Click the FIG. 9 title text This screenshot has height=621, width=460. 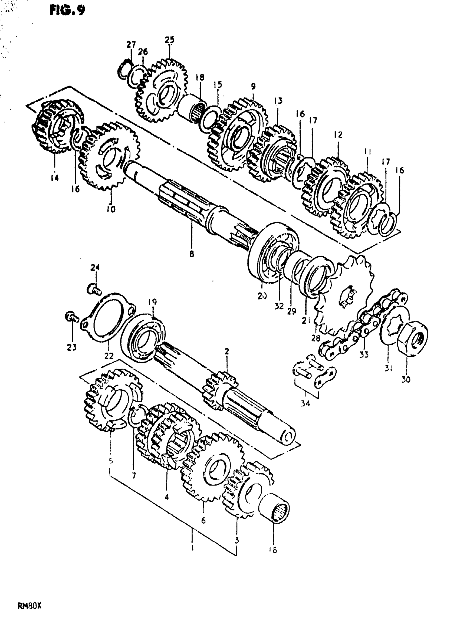click(67, 10)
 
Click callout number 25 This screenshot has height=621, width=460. click(169, 40)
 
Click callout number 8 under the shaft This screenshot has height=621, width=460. click(192, 254)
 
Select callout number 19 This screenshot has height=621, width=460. click(152, 302)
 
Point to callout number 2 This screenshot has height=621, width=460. click(227, 352)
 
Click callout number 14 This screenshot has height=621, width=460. click(55, 178)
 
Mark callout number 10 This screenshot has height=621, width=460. click(111, 209)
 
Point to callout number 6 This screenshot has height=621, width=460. click(203, 520)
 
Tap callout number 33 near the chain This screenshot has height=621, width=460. click(364, 354)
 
